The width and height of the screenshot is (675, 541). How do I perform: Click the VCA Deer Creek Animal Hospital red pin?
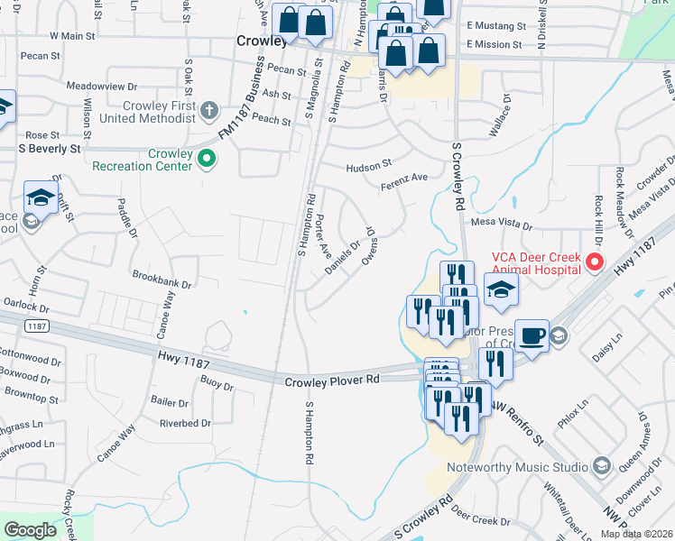coord(595,262)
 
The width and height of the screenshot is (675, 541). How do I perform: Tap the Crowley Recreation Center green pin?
coord(207,160)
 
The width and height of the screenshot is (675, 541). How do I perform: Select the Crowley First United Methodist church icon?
coord(209,111)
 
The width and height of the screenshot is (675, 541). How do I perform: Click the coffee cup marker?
coord(532,335)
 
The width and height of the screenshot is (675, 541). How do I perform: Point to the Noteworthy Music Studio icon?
coord(602,466)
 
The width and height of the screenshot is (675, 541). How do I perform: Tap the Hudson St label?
coord(369,166)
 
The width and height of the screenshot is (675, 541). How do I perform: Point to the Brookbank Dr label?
coord(162,283)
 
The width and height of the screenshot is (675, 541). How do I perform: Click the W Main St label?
coord(72,36)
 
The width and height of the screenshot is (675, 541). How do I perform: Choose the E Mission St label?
coord(495,44)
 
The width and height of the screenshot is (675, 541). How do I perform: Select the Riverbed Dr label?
coord(185,422)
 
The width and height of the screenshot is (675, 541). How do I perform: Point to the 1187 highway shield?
coord(35,326)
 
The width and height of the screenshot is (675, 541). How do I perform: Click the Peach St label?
coord(272,120)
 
